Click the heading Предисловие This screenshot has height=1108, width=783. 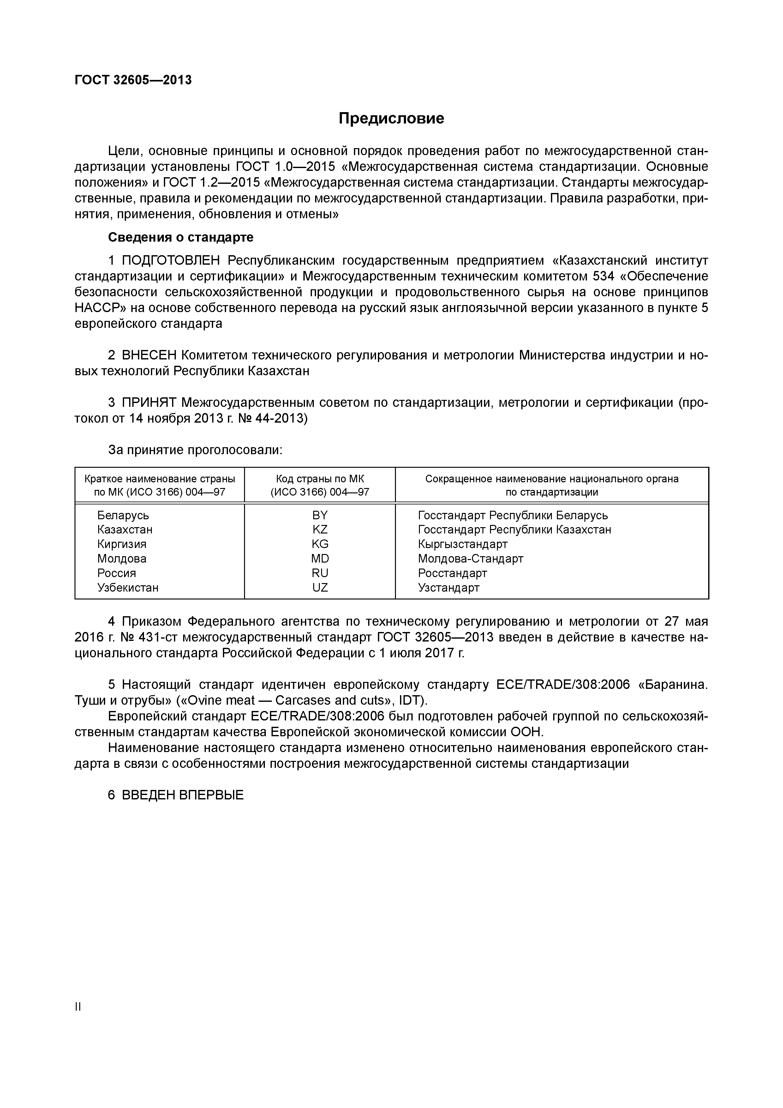(391, 118)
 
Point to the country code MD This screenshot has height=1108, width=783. (320, 558)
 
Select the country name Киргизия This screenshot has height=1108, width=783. (122, 544)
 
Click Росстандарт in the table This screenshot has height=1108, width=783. (452, 573)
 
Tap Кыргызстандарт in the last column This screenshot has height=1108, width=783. (462, 544)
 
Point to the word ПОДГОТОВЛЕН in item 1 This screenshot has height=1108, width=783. (171, 261)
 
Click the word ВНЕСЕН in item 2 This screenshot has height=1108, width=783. (150, 355)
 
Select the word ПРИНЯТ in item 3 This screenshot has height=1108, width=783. (150, 402)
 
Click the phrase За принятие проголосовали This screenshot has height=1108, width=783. (195, 450)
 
